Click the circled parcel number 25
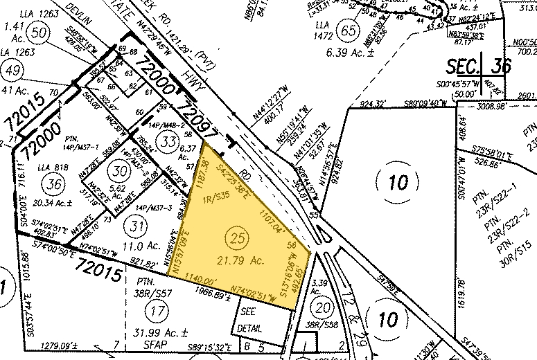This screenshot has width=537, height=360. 238,239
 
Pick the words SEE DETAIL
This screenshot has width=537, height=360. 251,320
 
